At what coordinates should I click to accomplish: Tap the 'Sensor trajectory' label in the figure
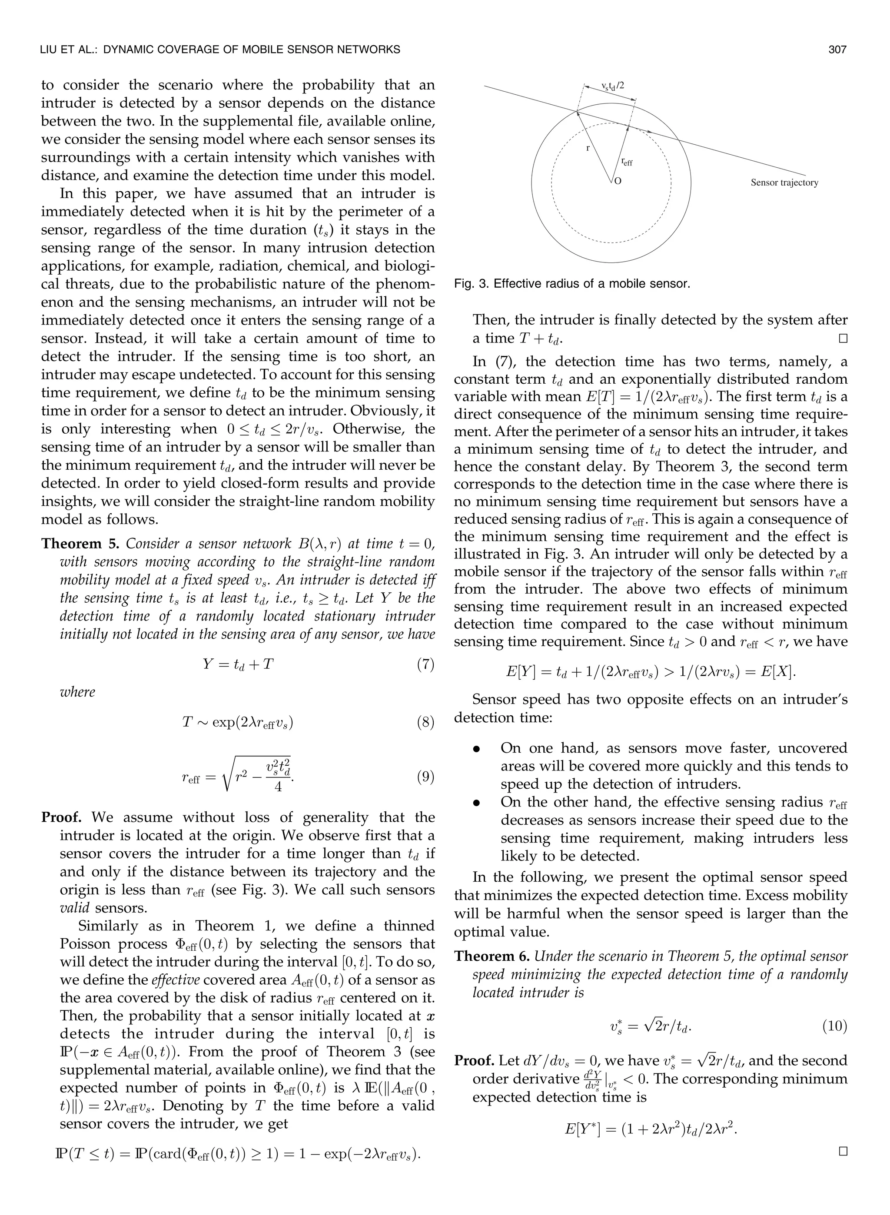[x=784, y=183]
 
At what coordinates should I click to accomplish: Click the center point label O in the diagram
[x=618, y=182]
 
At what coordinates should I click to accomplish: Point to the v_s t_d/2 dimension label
[x=613, y=86]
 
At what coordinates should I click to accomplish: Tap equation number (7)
[x=425, y=664]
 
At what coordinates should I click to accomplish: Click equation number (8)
[x=425, y=722]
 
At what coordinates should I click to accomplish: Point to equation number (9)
[x=425, y=778]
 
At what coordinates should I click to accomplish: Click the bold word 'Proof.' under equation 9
[x=61, y=817]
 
